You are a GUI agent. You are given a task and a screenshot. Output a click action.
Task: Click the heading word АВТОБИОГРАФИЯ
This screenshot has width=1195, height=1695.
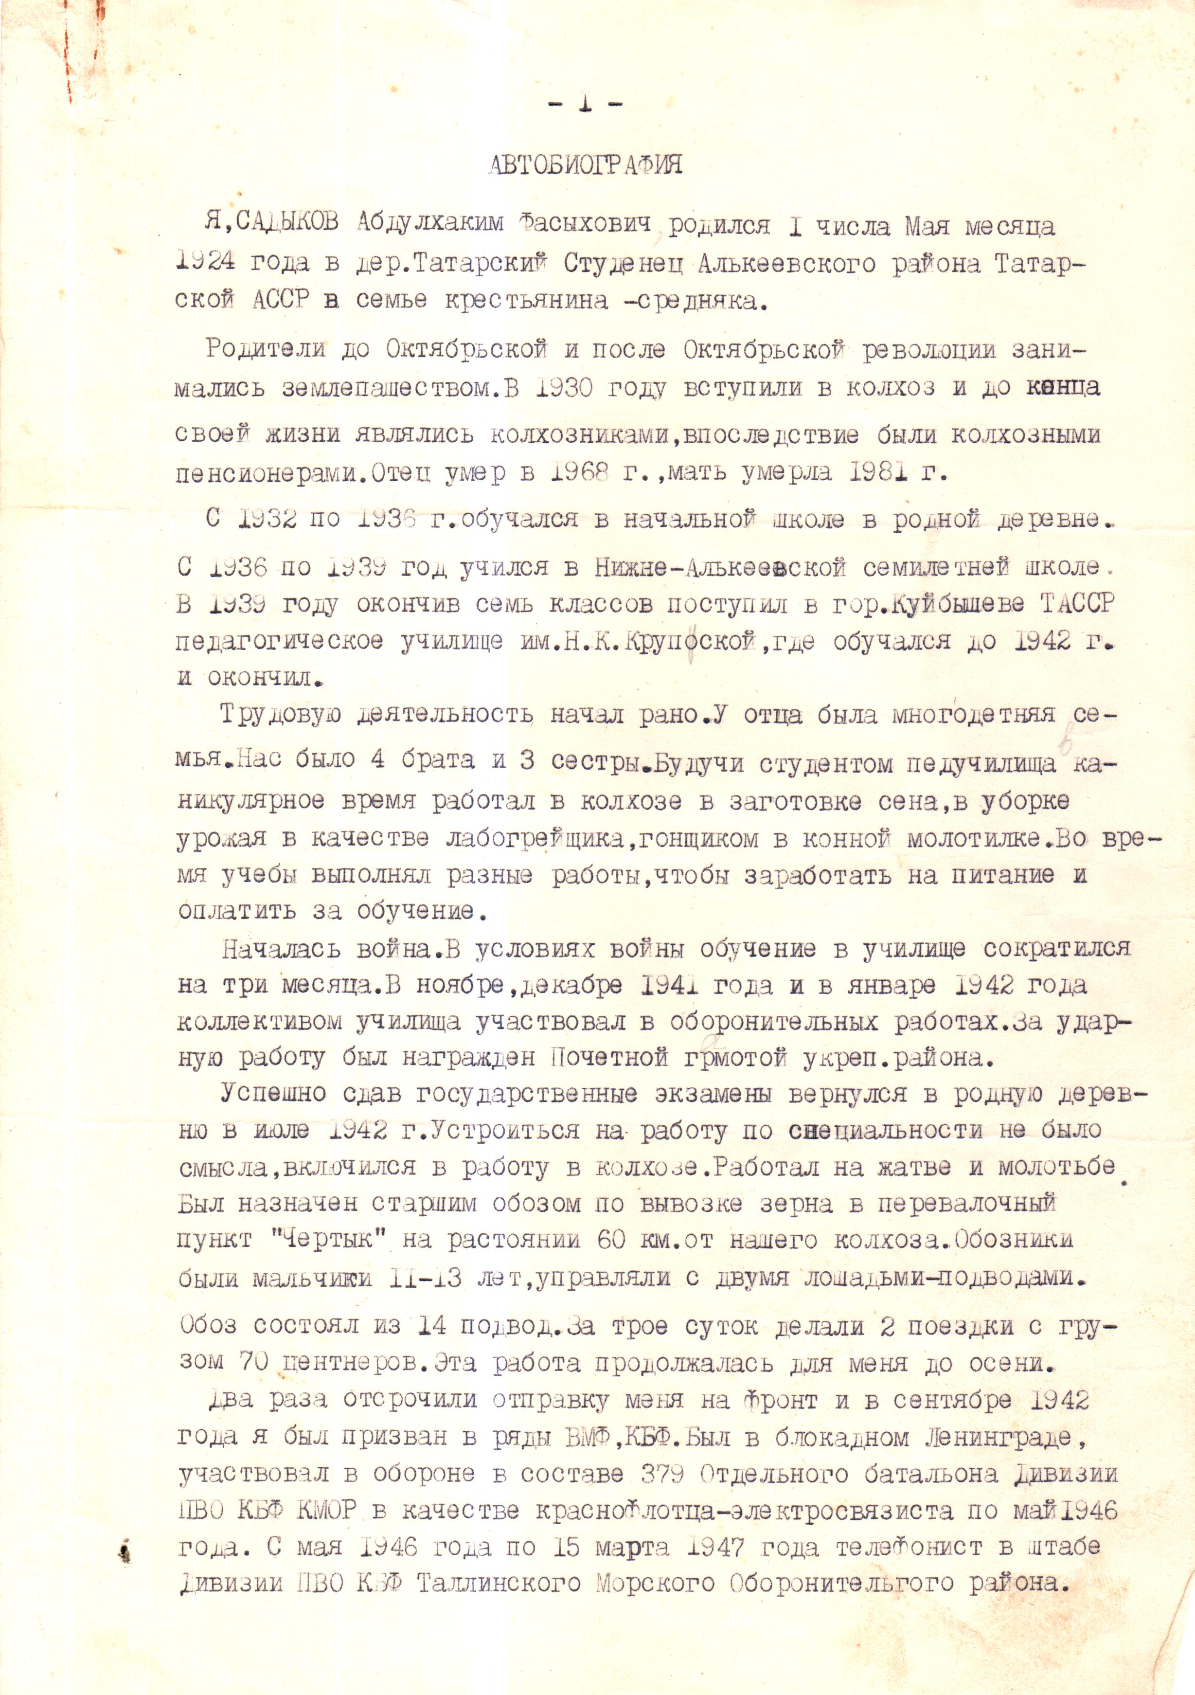pos(586,164)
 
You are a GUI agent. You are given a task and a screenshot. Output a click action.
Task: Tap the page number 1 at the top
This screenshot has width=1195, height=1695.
pos(585,104)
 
